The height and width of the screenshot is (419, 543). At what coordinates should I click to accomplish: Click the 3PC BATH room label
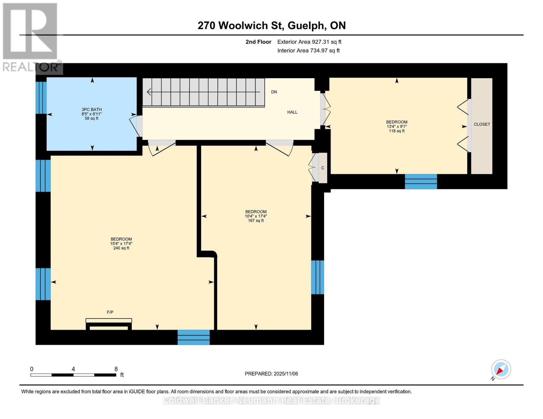[92, 110]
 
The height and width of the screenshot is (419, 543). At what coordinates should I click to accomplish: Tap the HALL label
[292, 112]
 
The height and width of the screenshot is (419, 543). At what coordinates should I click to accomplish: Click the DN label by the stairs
[274, 92]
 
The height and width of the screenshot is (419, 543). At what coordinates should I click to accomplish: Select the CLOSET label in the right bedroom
[481, 124]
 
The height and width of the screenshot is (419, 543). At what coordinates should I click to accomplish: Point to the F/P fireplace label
[110, 312]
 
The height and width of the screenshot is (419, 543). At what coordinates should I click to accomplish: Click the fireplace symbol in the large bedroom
[109, 324]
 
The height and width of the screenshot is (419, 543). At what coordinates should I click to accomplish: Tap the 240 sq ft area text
[121, 248]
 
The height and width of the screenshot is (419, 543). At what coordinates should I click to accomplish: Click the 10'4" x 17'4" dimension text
[256, 216]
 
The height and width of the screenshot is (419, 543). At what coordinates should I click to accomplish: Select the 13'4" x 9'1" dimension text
[396, 126]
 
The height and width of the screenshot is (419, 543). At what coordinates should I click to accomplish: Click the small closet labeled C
[322, 168]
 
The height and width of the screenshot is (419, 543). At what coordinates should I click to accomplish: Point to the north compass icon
[501, 369]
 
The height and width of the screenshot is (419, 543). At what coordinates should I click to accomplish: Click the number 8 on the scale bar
[116, 369]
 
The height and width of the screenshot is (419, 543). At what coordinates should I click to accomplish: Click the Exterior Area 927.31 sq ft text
[309, 42]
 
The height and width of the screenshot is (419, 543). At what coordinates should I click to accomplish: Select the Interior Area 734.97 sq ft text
[308, 51]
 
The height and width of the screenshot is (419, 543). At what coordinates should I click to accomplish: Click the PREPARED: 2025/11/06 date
[271, 374]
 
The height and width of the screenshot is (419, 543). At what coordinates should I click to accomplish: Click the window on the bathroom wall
[41, 97]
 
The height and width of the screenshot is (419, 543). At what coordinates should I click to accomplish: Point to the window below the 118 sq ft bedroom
[421, 182]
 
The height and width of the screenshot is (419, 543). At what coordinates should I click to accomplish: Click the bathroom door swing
[135, 126]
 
